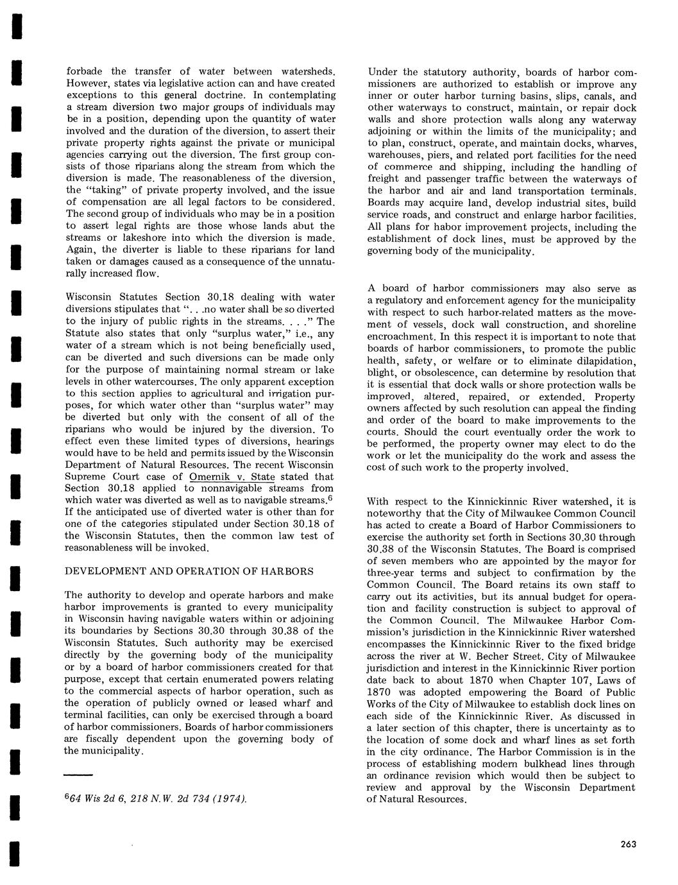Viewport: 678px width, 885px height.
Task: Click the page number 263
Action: click(628, 844)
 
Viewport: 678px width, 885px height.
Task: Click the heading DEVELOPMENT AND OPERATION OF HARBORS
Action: click(189, 571)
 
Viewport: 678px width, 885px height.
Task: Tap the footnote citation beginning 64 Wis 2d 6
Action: click(156, 798)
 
